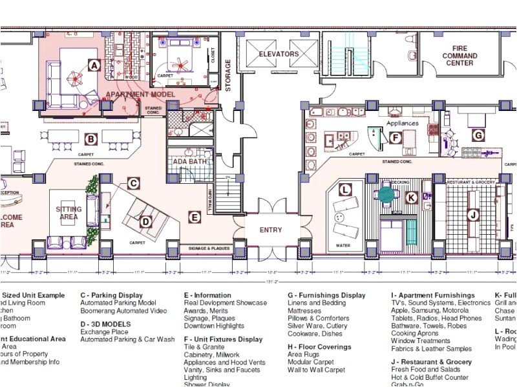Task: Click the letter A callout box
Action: click(94, 65)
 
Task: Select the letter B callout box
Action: click(92, 138)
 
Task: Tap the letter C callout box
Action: click(132, 183)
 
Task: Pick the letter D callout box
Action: click(146, 222)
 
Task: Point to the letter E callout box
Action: click(194, 217)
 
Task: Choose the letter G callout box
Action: click(478, 135)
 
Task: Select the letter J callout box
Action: click(473, 215)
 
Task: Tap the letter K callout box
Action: click(411, 198)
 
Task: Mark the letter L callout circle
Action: click(346, 190)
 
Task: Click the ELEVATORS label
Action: click(279, 54)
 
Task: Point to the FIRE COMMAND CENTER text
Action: click(459, 55)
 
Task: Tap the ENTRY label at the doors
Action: click(271, 230)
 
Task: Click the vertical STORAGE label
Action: click(227, 75)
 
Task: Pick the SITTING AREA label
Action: click(69, 213)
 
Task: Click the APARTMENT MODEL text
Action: click(140, 95)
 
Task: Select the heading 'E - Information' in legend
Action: click(207, 295)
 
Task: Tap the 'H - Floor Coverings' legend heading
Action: click(319, 347)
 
